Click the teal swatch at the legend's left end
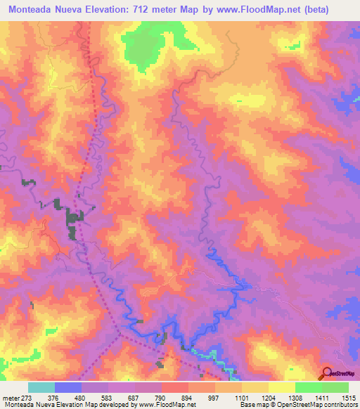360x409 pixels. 41,387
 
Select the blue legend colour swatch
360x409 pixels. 67,387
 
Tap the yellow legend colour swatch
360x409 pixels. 282,387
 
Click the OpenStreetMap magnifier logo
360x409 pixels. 326,375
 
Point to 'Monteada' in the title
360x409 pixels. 32,8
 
